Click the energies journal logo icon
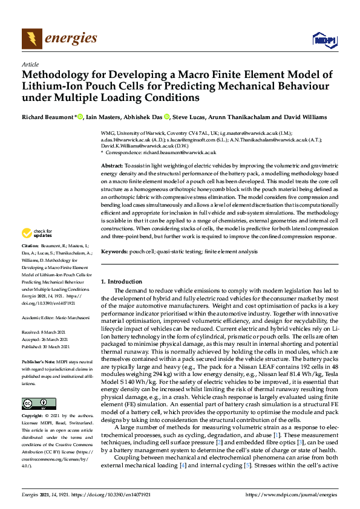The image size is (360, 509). [32, 39]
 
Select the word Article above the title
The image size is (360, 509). [30, 63]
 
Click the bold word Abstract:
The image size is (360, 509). [113, 166]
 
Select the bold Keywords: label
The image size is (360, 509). [115, 250]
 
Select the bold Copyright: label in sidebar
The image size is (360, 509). [33, 417]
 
